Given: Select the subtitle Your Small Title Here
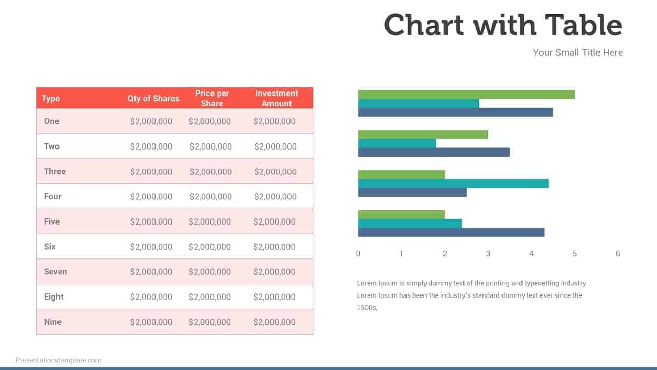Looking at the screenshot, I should tap(577, 52).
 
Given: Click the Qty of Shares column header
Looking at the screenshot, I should tap(153, 98).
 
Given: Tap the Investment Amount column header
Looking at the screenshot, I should tap(276, 98).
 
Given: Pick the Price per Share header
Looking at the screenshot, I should tap(212, 98).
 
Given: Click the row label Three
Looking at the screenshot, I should tap(54, 171).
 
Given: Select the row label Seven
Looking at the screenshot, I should tap(55, 271).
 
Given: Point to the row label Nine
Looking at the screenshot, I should tap(52, 322).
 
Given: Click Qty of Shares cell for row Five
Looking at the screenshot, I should tap(151, 221).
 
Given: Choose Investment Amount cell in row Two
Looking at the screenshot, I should tap(275, 146).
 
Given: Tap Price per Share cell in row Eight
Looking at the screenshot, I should tap(209, 297).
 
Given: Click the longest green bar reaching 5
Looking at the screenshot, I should tap(466, 94).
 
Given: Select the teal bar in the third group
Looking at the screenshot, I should tap(453, 183).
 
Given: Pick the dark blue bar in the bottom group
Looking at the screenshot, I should tap(451, 232).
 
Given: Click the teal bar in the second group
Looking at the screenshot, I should tap(397, 143).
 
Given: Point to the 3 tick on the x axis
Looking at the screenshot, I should tap(488, 253).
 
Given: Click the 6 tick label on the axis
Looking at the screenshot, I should tap(618, 253).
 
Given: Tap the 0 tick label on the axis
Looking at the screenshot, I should tap(358, 253).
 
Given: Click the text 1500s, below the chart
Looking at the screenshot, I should tap(367, 308).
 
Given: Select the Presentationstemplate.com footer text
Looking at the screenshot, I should tap(59, 360).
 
